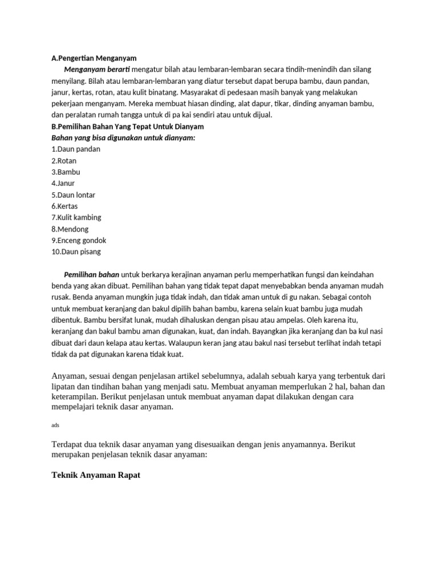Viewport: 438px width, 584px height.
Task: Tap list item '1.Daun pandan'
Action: (76, 149)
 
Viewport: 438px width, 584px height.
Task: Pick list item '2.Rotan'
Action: (64, 161)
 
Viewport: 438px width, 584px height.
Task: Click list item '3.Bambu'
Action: (66, 172)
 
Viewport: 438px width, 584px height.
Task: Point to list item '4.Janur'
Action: (63, 184)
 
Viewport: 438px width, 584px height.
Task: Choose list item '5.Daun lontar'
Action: (74, 195)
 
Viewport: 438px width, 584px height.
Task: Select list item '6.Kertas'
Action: (64, 206)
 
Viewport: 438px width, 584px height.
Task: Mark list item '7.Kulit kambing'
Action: (77, 218)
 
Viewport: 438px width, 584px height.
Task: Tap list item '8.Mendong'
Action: (70, 229)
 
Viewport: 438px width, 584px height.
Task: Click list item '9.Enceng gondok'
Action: (79, 241)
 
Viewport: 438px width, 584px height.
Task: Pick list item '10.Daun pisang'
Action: (76, 252)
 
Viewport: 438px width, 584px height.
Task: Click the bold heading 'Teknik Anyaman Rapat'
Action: (96, 474)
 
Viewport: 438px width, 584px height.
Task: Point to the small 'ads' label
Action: (55, 425)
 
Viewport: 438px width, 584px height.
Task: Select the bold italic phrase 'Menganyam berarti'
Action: (97, 70)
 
